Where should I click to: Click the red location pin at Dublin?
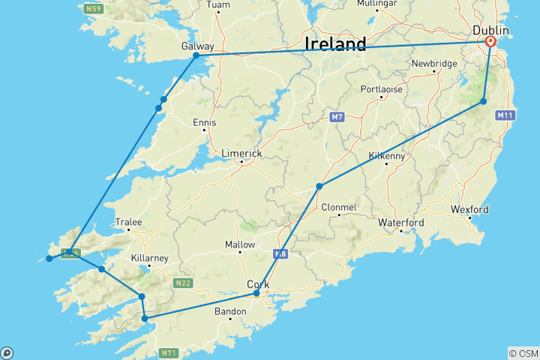click(490, 43)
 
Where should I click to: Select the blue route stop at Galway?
click(196, 55)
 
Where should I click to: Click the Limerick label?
click(241, 152)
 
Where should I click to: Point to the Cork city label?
click(259, 284)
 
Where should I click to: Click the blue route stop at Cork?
click(256, 293)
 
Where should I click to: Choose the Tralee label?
click(128, 222)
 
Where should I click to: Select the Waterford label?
click(401, 223)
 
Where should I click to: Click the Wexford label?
click(469, 209)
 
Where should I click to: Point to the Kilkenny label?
click(387, 156)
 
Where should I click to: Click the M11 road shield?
click(505, 115)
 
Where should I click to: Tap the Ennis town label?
click(204, 122)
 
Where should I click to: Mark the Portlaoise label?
click(381, 88)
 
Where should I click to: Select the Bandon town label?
click(230, 310)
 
